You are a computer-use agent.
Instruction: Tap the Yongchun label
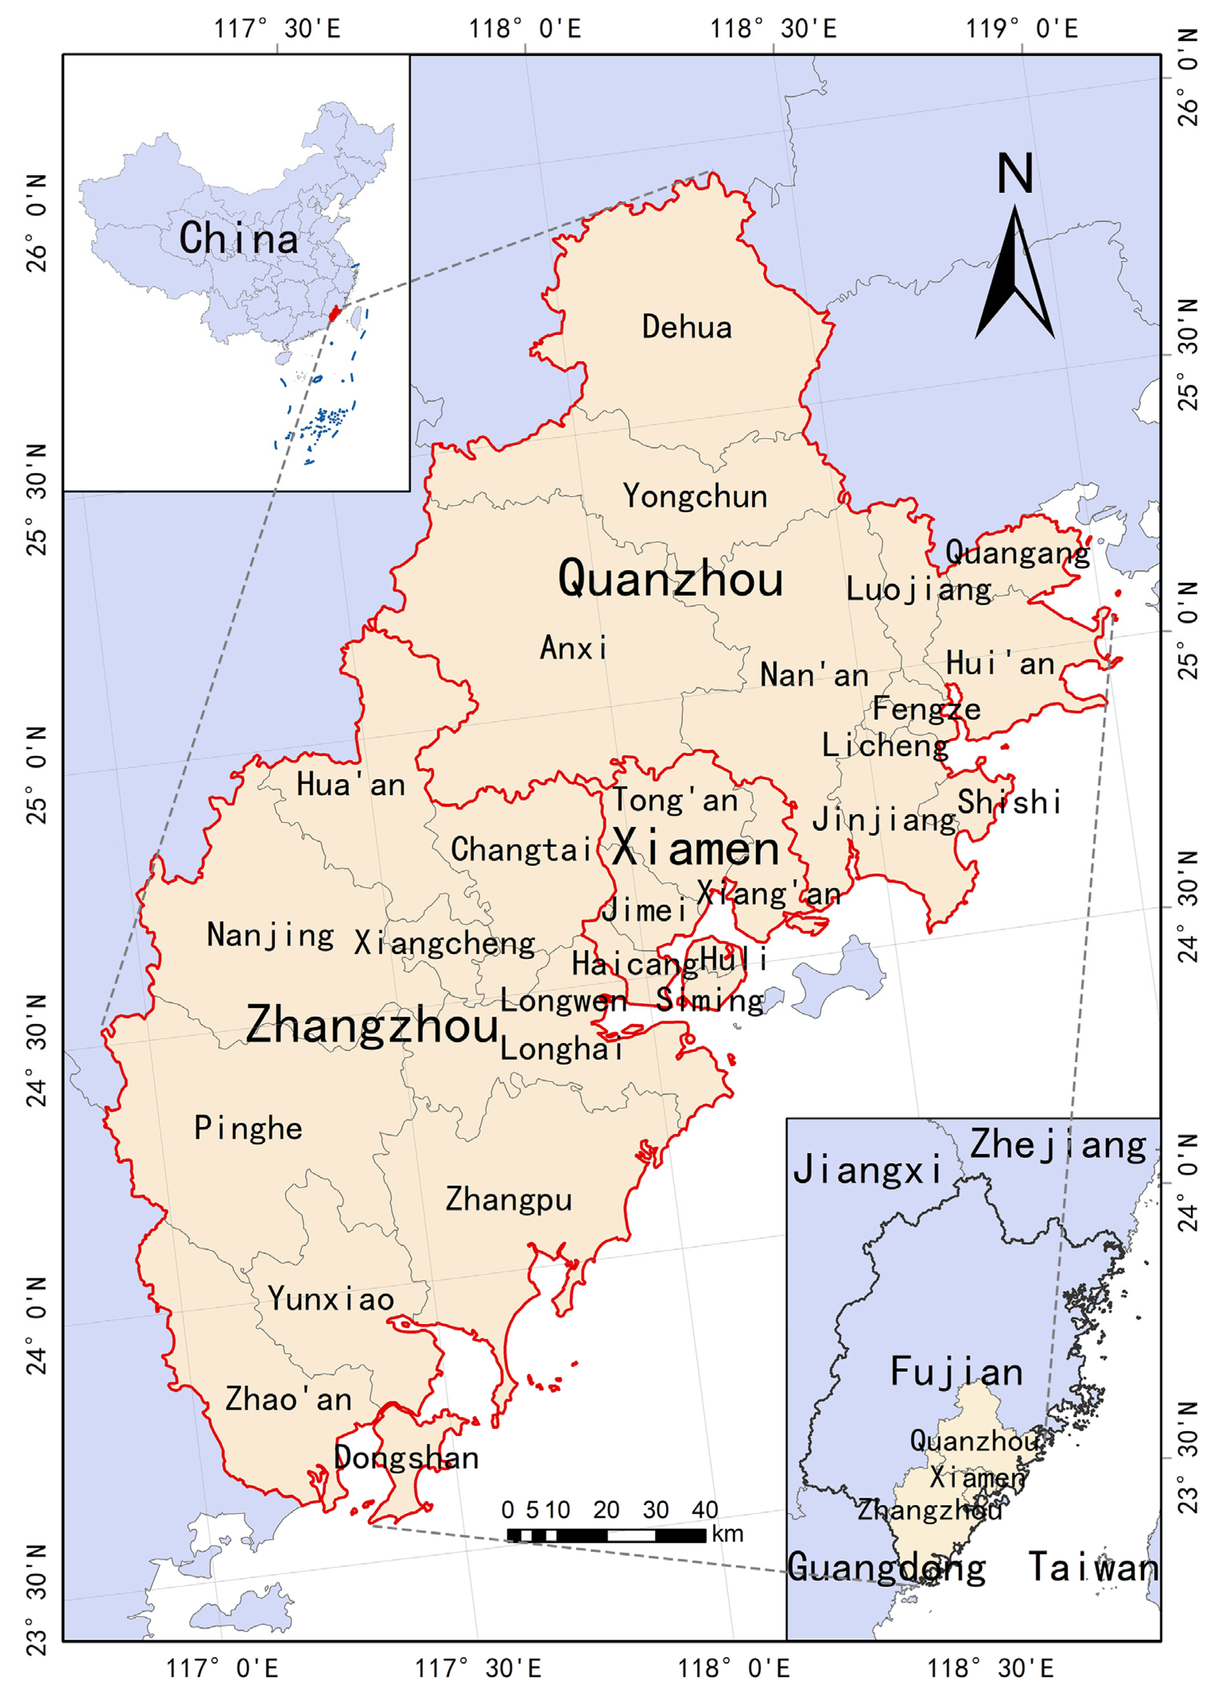coord(695,497)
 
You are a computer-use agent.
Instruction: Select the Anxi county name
coord(573,648)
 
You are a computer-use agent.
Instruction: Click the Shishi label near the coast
coord(1009,802)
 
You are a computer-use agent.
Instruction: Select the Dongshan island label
coord(406,1457)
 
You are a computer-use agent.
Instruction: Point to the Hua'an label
coord(350,785)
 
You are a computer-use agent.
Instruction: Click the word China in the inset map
coord(238,238)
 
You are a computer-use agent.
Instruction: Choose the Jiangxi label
coord(867,1169)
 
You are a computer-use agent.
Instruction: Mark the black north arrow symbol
coord(1015,273)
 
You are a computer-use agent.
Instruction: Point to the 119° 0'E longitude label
coord(1021,29)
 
